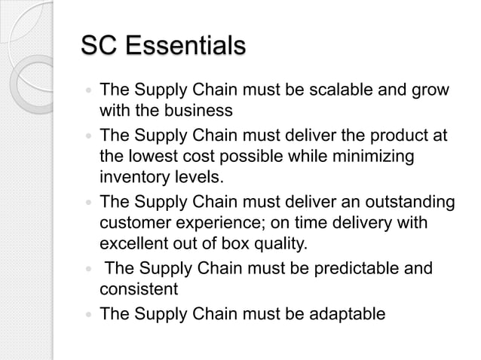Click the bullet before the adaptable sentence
tap(89, 313)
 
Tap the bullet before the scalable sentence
tap(89, 92)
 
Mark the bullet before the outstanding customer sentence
tap(89, 203)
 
